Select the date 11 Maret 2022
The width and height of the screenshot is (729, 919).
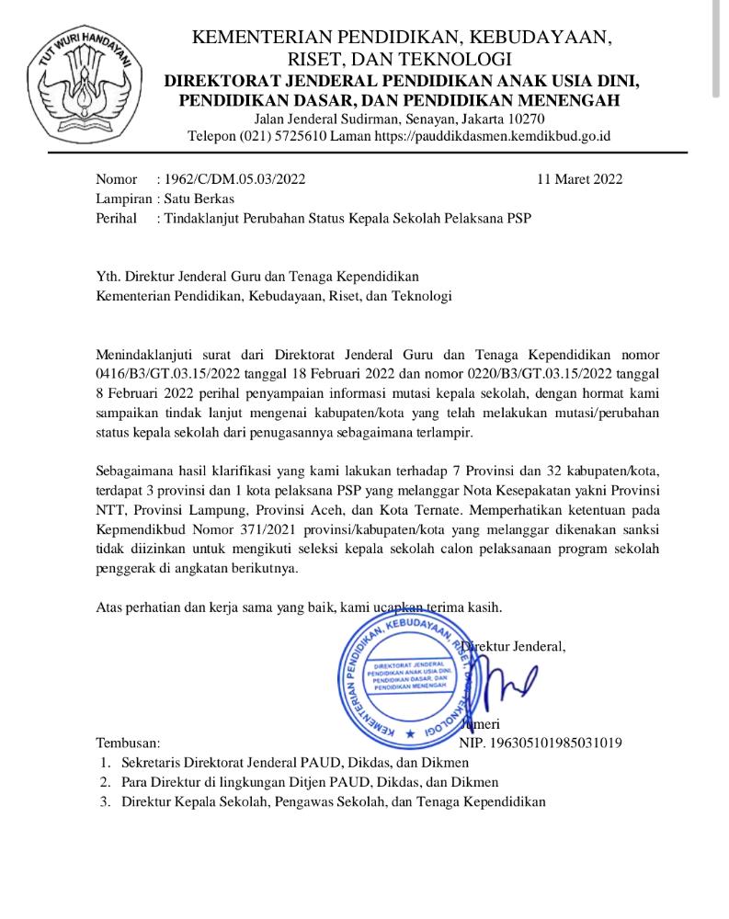click(579, 179)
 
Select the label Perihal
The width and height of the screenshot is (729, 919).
click(117, 218)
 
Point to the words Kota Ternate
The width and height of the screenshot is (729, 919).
click(459, 509)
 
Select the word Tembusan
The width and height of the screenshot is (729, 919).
click(128, 743)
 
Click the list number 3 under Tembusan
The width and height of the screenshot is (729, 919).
click(105, 801)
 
